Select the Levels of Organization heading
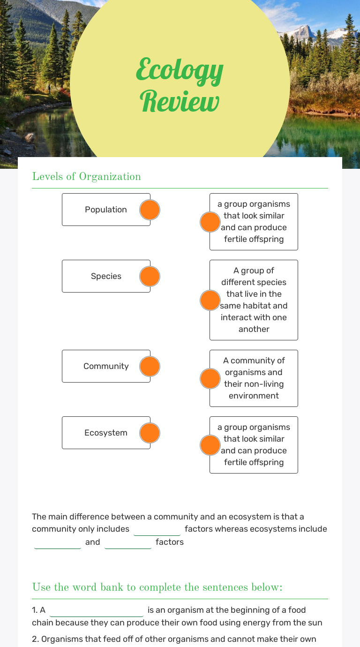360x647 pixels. click(86, 177)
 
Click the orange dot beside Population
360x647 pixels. click(150, 210)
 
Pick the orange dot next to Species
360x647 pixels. click(150, 276)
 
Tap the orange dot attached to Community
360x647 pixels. click(150, 366)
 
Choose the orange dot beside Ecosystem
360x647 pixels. click(150, 433)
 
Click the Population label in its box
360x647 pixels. click(106, 210)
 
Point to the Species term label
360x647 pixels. click(106, 276)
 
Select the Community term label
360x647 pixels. click(106, 366)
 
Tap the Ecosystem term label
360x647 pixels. click(106, 433)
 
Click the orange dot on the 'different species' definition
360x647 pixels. click(210, 300)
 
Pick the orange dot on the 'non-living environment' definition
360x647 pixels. click(210, 378)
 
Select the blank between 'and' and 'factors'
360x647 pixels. click(128, 543)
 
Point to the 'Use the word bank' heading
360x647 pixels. click(157, 587)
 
